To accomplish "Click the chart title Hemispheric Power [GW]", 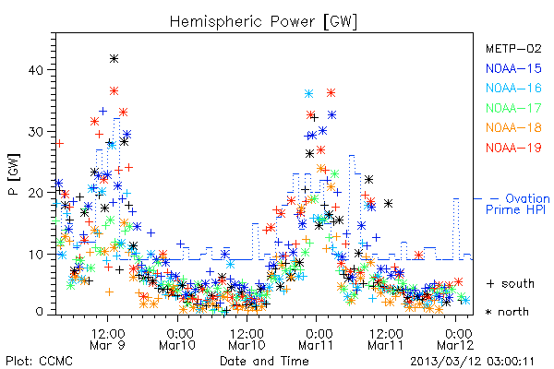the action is coord(263,22).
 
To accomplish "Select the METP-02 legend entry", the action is coord(513,48).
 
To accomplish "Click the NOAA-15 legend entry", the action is coord(513,68).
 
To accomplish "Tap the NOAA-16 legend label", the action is coord(513,88).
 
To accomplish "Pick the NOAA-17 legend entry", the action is coord(513,108).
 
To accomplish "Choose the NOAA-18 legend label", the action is coord(513,127).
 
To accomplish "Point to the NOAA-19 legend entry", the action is coord(513,148).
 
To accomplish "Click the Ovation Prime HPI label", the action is coord(518,204).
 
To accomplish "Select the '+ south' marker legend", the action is coord(510,283).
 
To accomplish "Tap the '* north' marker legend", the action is coord(507,312).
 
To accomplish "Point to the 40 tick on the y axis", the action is coord(35,70).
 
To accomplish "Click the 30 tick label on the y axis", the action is coord(35,132).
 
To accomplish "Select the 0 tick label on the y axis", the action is coord(39,312).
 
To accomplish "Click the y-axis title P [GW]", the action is coord(14,174).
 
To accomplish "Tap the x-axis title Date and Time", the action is coord(264,361).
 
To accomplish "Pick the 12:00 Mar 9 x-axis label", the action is coord(108,339).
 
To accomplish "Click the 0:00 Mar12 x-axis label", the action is coord(456,339).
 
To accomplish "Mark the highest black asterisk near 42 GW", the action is coord(114,59).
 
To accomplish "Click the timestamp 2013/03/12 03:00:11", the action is coord(473,362).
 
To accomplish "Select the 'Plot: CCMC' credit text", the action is coord(39,362).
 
